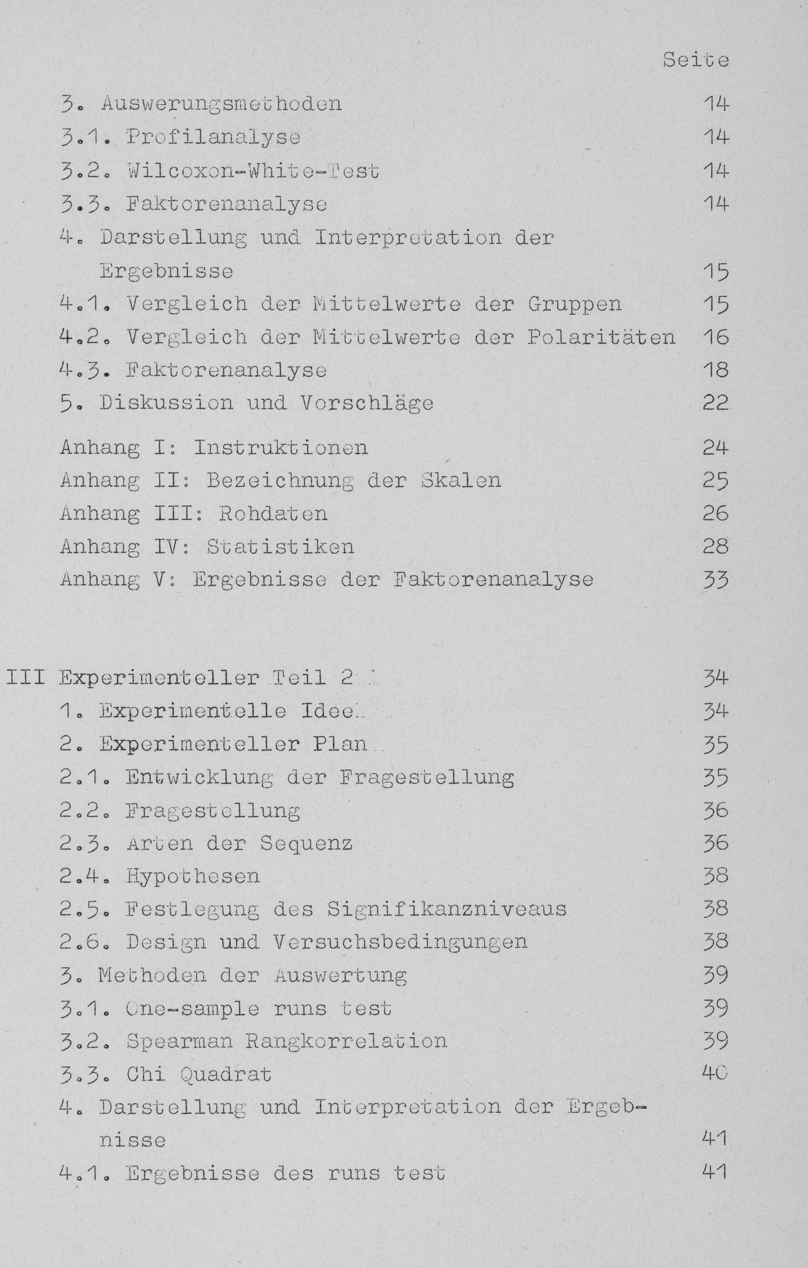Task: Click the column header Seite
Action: [x=695, y=60]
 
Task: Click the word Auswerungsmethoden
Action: [x=221, y=103]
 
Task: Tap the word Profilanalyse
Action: [x=213, y=137]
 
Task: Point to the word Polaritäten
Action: [x=601, y=337]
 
